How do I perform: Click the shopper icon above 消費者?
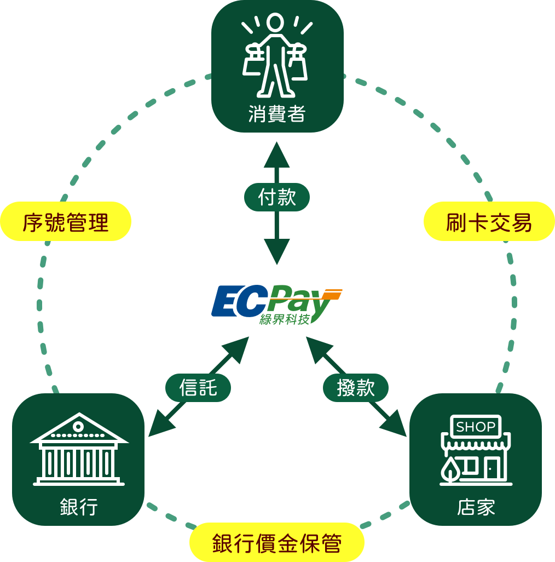[x=276, y=55]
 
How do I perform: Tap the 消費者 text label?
[x=276, y=114]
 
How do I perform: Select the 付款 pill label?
[x=276, y=197]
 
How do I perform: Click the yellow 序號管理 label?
[x=66, y=222]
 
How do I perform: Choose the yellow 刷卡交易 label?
[x=489, y=222]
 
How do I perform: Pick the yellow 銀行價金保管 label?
[x=277, y=544]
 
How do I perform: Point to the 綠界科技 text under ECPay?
[x=285, y=319]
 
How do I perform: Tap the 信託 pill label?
[x=198, y=388]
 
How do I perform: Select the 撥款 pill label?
[x=356, y=388]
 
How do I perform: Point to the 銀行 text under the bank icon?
[x=78, y=507]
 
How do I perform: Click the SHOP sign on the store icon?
[x=476, y=427]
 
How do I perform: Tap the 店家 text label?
[x=476, y=507]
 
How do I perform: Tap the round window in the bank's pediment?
[x=78, y=426]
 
